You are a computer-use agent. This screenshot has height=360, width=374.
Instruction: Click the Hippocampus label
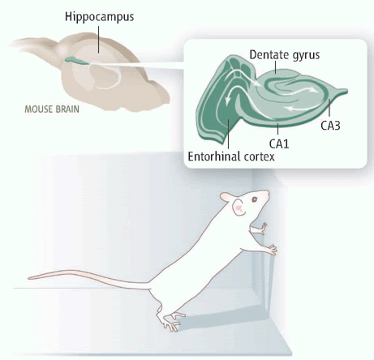tap(99, 17)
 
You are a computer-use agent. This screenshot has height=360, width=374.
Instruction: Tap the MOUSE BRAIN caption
tap(52, 109)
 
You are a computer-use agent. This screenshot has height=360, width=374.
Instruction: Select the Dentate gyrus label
tap(285, 55)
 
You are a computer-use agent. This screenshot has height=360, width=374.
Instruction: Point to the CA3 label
tap(330, 126)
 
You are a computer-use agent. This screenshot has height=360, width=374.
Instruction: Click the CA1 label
tap(279, 144)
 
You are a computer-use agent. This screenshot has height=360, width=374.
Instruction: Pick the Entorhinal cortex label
tap(231, 156)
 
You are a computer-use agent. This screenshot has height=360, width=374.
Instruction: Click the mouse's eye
tap(255, 199)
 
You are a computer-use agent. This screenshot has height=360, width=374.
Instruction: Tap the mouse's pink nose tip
tap(268, 192)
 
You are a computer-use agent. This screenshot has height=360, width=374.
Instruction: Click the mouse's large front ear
tap(239, 208)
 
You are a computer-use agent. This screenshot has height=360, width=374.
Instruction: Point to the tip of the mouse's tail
tap(28, 277)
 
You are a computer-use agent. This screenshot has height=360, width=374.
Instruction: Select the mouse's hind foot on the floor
tap(170, 321)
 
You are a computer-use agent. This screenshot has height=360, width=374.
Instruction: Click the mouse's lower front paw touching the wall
tap(271, 249)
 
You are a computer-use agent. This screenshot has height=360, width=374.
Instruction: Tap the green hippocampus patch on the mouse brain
tap(76, 61)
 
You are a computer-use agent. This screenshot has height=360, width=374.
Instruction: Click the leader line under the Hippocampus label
tap(99, 40)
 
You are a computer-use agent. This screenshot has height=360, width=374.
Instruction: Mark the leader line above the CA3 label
tap(329, 109)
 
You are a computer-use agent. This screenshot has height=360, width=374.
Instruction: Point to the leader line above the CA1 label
tap(277, 129)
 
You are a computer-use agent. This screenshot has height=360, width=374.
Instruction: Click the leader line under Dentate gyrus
tap(275, 67)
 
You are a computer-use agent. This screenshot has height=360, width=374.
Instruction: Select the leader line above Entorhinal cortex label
tap(228, 134)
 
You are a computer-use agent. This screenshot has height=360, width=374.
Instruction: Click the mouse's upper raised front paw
tap(262, 229)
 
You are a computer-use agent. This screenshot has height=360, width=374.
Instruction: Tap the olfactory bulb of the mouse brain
tap(32, 45)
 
